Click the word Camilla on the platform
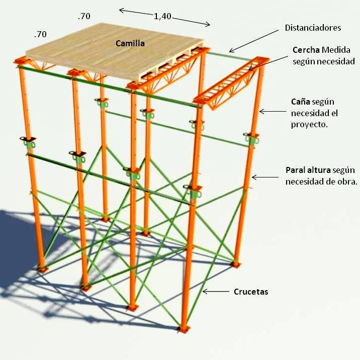[x=130, y=44]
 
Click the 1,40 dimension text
[x=162, y=16]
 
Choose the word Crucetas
[x=251, y=292]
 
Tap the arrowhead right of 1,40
[x=208, y=24]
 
